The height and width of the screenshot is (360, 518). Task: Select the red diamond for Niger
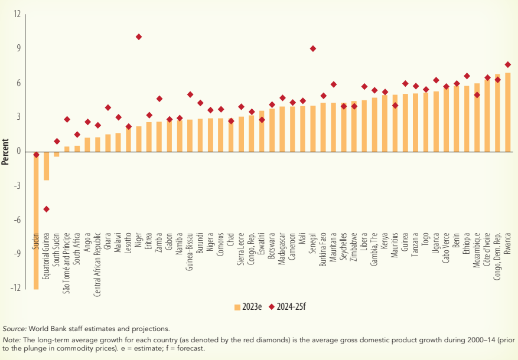139,37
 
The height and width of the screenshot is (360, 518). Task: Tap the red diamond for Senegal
313,48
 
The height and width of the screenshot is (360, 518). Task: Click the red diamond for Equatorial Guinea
46,209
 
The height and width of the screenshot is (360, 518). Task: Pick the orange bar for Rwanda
508,112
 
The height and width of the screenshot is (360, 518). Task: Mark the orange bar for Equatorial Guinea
46,166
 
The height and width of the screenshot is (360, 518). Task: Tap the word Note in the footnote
11,340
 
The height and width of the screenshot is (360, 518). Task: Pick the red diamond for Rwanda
508,64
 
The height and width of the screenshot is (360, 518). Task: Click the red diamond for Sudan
36,155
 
